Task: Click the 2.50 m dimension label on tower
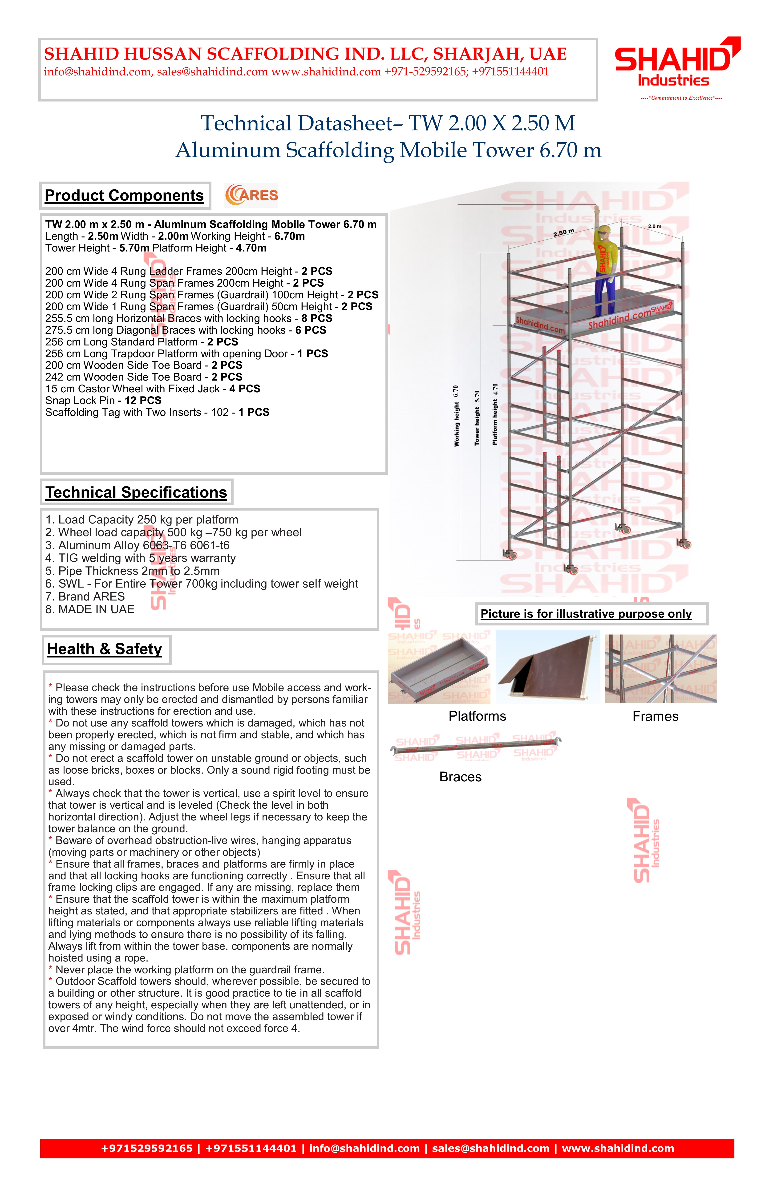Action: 564,233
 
